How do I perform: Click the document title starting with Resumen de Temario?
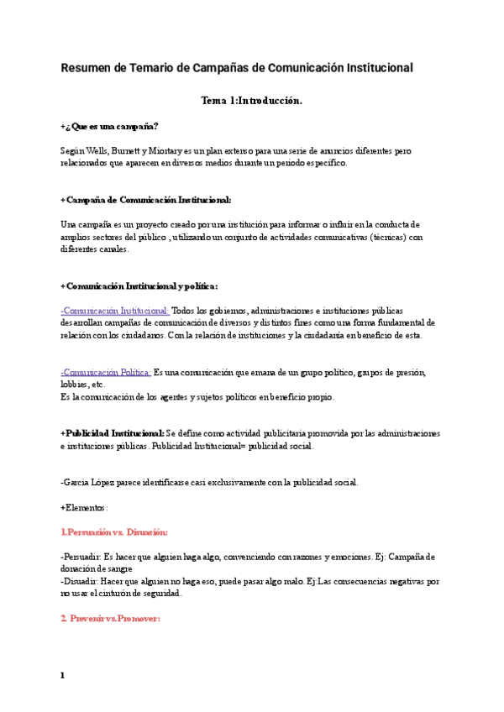coord(237,67)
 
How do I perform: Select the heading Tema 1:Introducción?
coord(251,101)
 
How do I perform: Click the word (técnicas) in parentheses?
coord(382,237)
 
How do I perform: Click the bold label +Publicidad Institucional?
coord(113,433)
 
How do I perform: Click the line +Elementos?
coord(84,507)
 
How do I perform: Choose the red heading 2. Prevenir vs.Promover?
coord(110,619)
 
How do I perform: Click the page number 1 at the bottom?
coord(62,674)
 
